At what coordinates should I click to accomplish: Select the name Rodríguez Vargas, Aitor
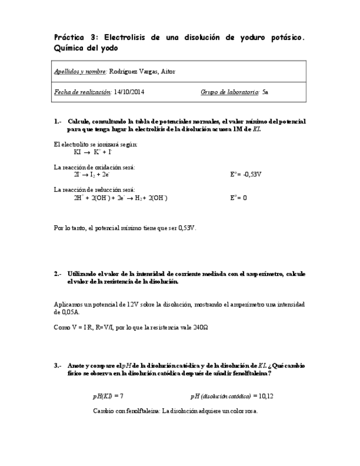tap(142, 71)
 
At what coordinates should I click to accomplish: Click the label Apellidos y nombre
tap(80, 71)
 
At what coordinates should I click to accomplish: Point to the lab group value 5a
tap(266, 92)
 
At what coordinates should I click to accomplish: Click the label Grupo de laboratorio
tap(230, 92)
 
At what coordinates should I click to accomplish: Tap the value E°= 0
tap(239, 198)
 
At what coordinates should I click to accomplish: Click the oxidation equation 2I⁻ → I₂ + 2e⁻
tap(92, 174)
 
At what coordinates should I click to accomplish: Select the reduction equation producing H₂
tap(120, 198)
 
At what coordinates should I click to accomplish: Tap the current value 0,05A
tap(67, 312)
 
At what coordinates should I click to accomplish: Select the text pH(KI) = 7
tap(108, 396)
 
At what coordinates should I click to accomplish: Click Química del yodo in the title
tap(86, 48)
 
